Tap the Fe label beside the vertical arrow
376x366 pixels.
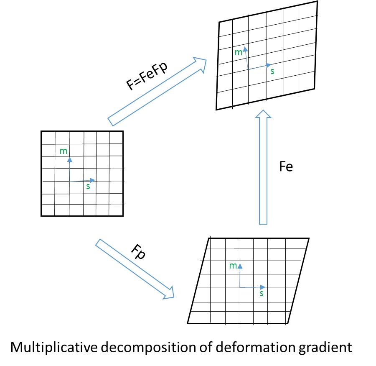point(287,166)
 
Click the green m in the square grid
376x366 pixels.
point(64,151)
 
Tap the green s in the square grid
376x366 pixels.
point(88,187)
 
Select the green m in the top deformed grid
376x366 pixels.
point(239,52)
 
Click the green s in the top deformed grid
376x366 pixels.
point(272,71)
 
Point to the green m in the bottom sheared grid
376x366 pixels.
point(234,266)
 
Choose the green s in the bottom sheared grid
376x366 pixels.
point(262,294)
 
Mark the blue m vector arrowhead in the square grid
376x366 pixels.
point(70,159)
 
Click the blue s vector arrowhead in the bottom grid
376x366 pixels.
point(262,287)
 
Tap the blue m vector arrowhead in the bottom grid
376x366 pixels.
point(240,266)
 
